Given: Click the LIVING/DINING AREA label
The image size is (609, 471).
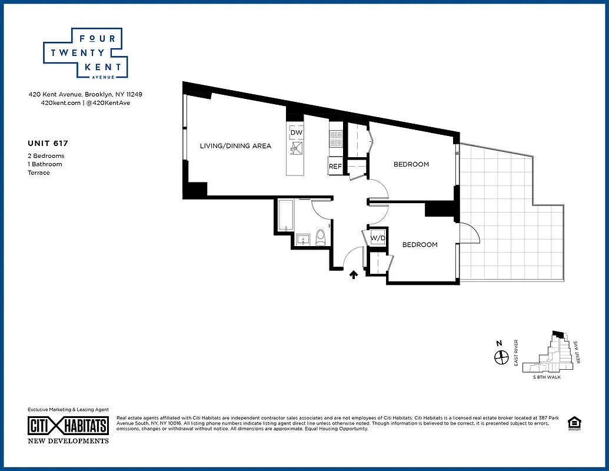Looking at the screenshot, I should (x=235, y=146).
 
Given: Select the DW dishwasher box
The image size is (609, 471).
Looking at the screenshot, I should (x=296, y=132).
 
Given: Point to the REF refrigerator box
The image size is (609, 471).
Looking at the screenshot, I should (x=335, y=166).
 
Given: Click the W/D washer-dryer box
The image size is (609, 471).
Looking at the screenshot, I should (x=378, y=238).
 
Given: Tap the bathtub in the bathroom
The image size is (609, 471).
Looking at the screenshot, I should (x=286, y=216).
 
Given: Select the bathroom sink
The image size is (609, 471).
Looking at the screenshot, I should (x=303, y=239).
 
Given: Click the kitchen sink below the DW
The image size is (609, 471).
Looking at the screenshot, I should (x=296, y=148).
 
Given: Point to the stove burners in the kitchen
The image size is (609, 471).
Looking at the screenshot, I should (x=335, y=139).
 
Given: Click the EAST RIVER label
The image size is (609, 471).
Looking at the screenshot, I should (x=516, y=353).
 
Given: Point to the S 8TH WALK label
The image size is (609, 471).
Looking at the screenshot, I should (x=547, y=377).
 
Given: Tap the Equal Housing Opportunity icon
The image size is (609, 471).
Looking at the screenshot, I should (x=572, y=423).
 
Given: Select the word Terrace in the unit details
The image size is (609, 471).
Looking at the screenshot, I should (x=39, y=173).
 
